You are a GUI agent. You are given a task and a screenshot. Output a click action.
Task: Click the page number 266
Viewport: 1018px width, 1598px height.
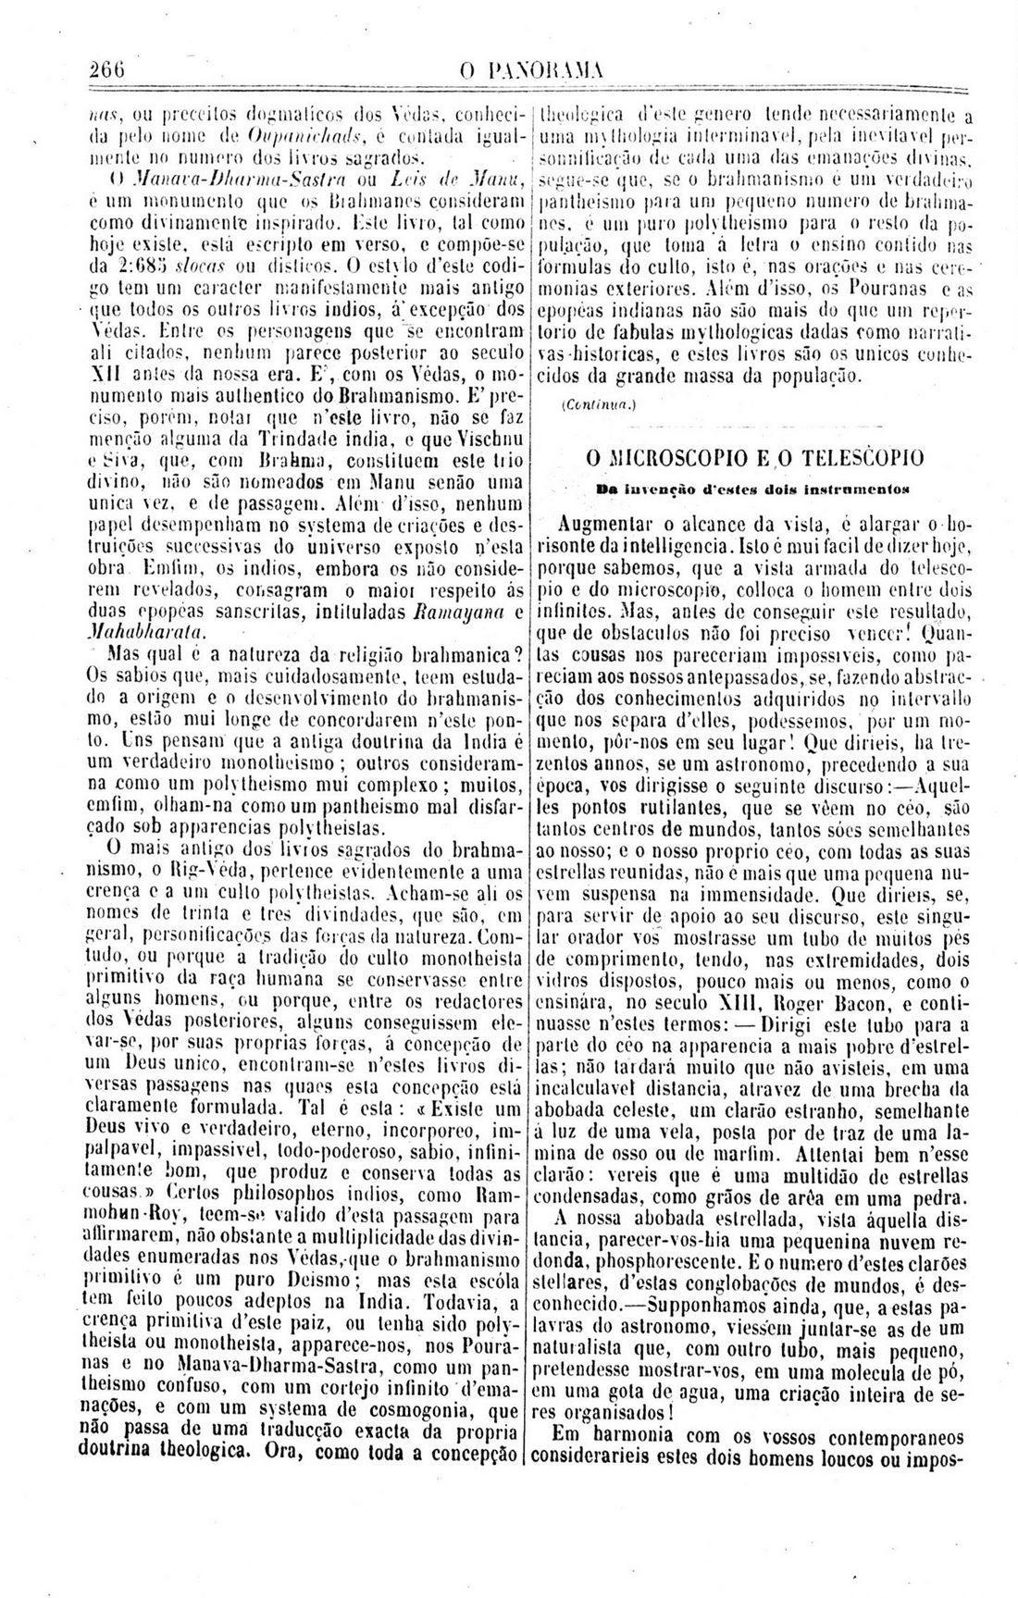click(108, 68)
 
